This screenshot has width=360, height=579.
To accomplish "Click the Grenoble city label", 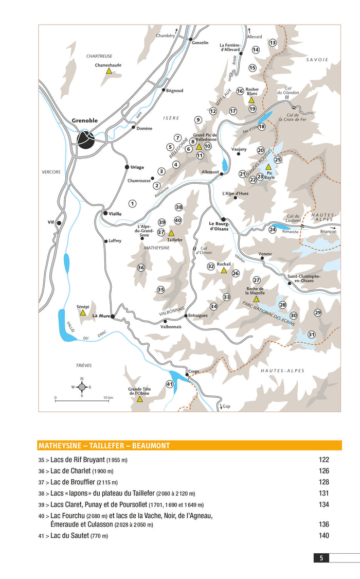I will (85, 120).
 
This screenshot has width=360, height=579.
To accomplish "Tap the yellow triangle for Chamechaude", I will (109, 71).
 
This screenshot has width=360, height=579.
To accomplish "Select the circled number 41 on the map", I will (169, 384).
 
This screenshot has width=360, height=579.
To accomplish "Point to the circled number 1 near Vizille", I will (132, 203).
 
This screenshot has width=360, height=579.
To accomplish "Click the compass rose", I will (81, 387).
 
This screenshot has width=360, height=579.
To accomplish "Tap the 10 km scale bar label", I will (107, 398).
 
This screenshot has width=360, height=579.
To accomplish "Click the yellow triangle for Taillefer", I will (171, 233).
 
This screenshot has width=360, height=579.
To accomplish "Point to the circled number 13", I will (273, 42).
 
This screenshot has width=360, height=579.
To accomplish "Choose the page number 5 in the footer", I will (321, 557).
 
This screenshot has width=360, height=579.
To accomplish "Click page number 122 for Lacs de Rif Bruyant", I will (323, 460).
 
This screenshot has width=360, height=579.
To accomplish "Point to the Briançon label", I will (329, 232).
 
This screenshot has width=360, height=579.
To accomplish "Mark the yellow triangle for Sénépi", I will (82, 312).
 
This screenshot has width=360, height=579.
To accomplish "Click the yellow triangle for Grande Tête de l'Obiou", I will (139, 399).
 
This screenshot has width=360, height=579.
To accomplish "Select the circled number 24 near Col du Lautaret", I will (273, 229).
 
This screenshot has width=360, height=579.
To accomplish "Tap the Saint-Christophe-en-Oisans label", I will (304, 278).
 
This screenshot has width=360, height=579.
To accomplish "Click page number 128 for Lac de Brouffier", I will (323, 482).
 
